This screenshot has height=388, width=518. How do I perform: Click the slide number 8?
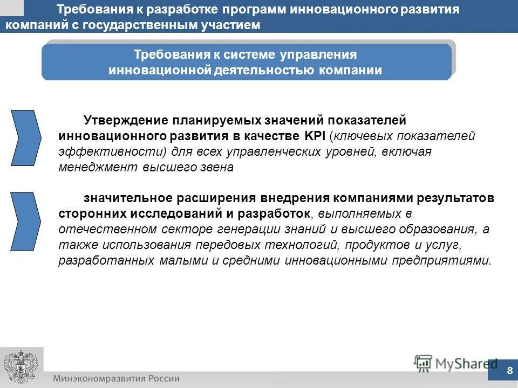[509, 370]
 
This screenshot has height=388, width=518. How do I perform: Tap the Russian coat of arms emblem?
[19, 367]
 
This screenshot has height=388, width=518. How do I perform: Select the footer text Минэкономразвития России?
[116, 378]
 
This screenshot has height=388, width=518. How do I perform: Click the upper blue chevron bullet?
[26, 137]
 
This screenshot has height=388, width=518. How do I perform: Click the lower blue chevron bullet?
[26, 221]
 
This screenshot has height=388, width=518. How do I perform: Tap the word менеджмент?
[99, 167]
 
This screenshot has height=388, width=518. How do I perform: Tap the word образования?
[437, 229]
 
